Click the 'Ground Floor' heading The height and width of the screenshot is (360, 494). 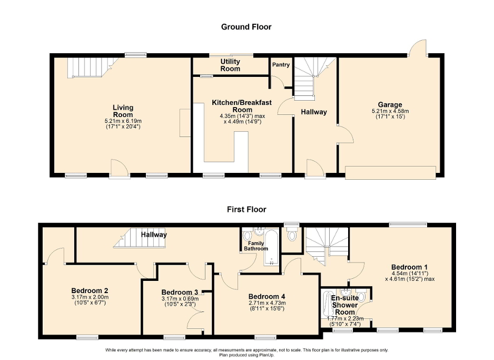pyautogui.click(x=246, y=27)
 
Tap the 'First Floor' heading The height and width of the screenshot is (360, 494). pyautogui.click(x=246, y=209)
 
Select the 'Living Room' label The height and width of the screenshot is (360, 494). pyautogui.click(x=123, y=111)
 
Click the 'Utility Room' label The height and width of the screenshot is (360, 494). pyautogui.click(x=230, y=65)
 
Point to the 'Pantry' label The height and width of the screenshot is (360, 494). pyautogui.click(x=281, y=65)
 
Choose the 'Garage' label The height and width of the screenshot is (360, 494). pyautogui.click(x=390, y=105)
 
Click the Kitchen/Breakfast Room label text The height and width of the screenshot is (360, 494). pyautogui.click(x=236, y=105)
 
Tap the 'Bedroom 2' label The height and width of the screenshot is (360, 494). pyautogui.click(x=90, y=290)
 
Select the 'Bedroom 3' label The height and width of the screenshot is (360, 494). pyautogui.click(x=180, y=293)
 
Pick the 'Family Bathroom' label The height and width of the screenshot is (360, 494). pyautogui.click(x=252, y=246)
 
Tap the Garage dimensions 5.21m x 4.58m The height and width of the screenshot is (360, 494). pyautogui.click(x=390, y=111)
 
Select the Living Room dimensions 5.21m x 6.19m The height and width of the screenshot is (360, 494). pyautogui.click(x=123, y=121)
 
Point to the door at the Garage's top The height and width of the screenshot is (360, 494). pyautogui.click(x=419, y=49)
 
